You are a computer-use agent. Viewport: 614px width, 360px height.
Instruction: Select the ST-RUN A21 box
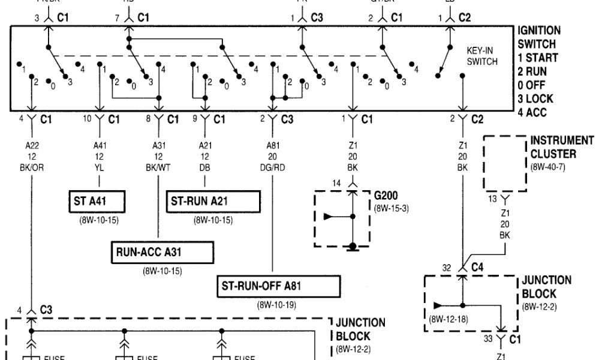[213, 202]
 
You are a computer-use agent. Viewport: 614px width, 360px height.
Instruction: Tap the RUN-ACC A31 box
[162, 252]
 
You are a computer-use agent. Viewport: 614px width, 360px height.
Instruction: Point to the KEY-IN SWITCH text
[481, 56]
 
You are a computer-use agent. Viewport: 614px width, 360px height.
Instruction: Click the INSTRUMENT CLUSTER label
[561, 147]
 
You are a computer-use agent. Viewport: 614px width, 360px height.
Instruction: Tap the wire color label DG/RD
[273, 168]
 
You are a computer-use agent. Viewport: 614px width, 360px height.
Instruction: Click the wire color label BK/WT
[158, 168]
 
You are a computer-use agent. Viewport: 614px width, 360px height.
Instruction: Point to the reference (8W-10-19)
[276, 305]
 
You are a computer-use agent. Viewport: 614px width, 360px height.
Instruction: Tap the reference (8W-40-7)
[547, 167]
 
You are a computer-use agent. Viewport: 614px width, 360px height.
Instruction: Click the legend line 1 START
[538, 58]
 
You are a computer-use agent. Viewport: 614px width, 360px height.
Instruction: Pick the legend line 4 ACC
[533, 112]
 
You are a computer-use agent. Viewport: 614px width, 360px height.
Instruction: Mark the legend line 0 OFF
[532, 85]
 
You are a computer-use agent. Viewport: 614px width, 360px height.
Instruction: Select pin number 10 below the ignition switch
[87, 119]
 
